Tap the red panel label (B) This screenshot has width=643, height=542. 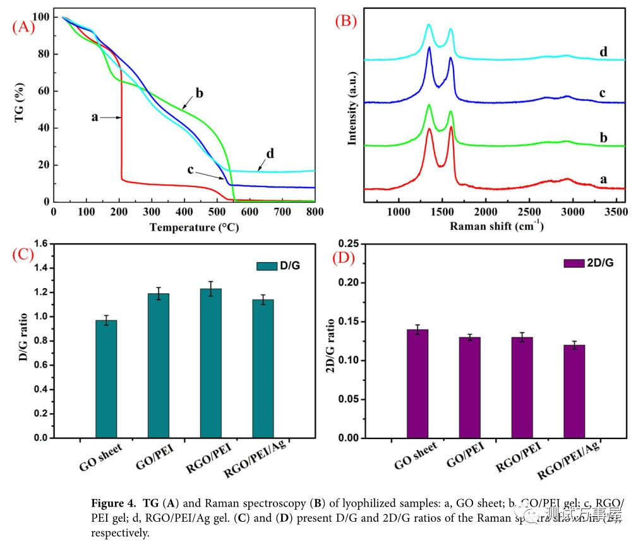point(346,21)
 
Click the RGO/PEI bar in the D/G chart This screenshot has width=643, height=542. point(210,363)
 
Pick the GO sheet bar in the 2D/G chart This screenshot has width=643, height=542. point(418,383)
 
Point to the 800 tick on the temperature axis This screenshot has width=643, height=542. point(314,212)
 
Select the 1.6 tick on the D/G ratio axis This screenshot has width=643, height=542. point(40,243)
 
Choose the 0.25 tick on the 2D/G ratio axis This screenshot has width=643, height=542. point(349,244)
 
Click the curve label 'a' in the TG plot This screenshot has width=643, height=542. point(95,117)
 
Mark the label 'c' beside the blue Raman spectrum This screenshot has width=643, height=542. point(603,93)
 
